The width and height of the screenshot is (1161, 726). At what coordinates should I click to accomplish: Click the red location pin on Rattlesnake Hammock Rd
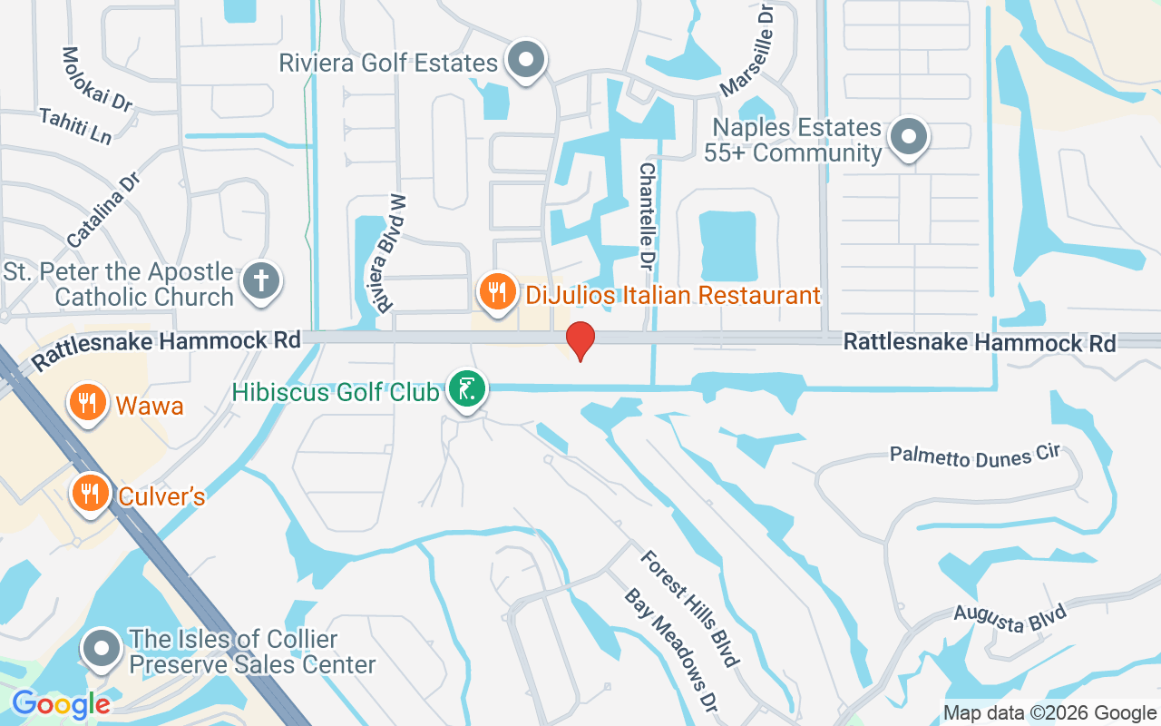pos(580,341)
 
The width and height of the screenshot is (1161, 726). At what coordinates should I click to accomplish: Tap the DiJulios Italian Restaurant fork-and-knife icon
pos(496,293)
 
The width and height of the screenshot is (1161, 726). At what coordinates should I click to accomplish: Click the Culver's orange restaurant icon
pos(89,493)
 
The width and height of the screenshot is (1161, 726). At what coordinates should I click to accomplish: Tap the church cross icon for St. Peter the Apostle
pos(261,281)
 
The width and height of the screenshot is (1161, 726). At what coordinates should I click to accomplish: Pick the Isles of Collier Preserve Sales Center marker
pos(102,649)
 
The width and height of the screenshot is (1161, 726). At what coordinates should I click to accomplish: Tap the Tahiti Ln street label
pos(75,127)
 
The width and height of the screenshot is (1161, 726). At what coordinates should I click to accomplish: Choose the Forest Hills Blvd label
pos(686,607)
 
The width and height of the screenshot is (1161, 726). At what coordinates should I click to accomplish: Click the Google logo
pos(62,703)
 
